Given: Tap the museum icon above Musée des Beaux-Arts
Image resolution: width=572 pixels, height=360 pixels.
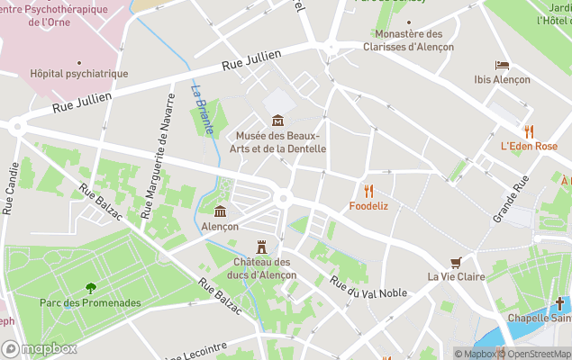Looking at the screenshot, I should click(277, 121).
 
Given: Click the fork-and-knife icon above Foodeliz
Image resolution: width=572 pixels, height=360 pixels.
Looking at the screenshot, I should click(368, 191).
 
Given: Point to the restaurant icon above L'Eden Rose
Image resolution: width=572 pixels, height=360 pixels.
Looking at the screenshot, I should click(529, 131).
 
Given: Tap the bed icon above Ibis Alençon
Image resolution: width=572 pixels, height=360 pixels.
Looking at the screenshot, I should click(502, 66).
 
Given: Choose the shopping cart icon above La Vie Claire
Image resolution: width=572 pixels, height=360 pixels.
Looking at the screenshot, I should click(456, 262).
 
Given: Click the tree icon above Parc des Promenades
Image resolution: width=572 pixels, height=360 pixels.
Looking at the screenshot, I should click(90, 288).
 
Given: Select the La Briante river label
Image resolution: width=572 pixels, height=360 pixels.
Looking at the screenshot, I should click(202, 109).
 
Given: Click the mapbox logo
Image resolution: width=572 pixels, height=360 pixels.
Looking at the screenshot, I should click(39, 348).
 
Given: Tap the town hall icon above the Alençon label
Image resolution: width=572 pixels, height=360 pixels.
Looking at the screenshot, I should click(220, 211).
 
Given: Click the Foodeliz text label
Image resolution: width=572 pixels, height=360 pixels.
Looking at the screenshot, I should click(368, 206).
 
